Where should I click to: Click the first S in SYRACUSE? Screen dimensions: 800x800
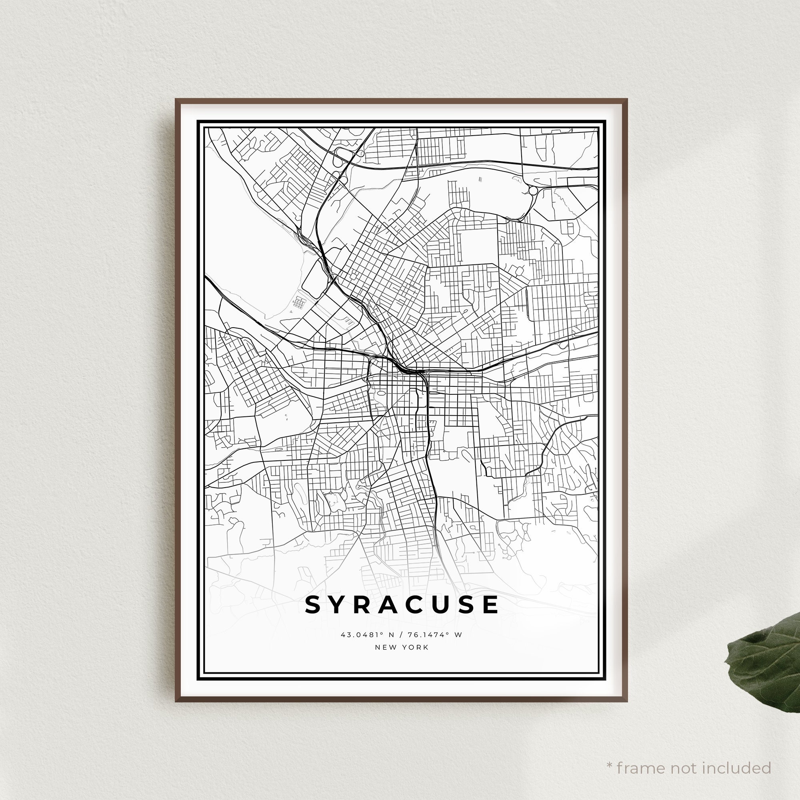pyautogui.click(x=313, y=605)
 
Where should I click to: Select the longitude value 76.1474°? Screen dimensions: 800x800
pyautogui.click(x=425, y=634)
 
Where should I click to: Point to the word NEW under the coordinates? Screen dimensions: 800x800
pyautogui.click(x=384, y=647)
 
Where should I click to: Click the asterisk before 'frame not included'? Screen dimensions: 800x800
pyautogui.click(x=610, y=754)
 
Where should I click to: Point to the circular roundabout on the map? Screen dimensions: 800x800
pyautogui.click(x=533, y=190)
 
